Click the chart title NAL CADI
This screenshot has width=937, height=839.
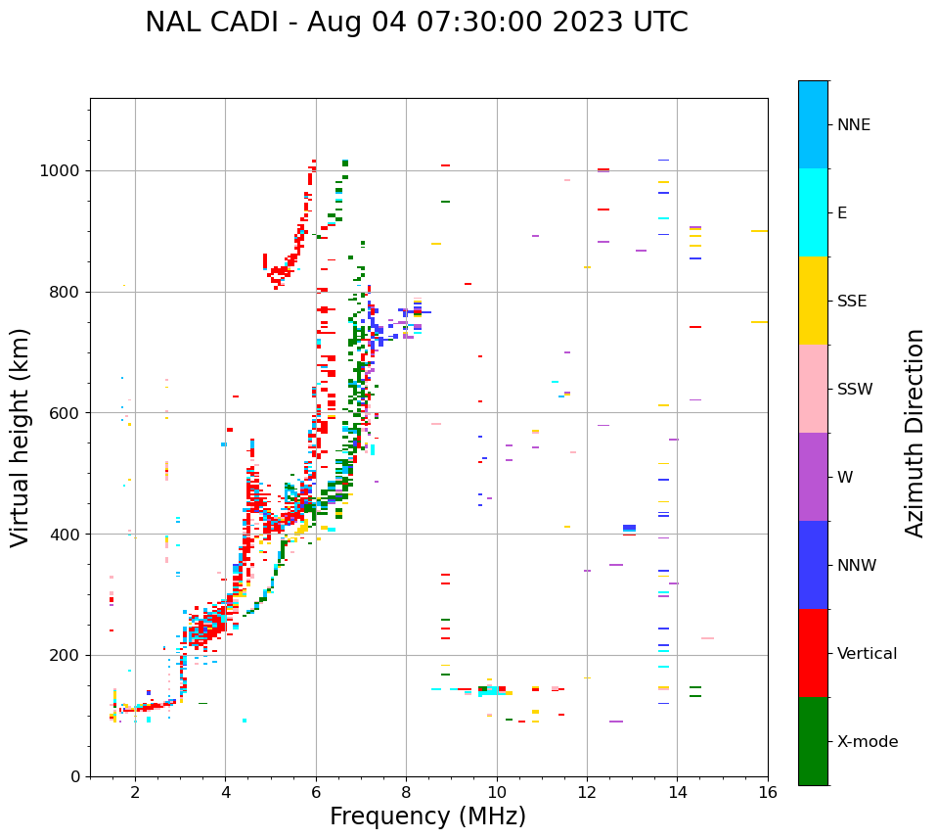pyautogui.click(x=416, y=23)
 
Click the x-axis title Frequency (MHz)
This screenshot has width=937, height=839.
pyautogui.click(x=427, y=816)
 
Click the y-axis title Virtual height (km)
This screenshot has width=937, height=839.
pyautogui.click(x=21, y=438)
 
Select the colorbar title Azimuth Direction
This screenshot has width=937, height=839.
pyautogui.click(x=915, y=433)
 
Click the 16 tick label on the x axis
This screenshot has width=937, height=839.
pyautogui.click(x=768, y=792)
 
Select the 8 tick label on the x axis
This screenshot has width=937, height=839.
pyautogui.click(x=406, y=792)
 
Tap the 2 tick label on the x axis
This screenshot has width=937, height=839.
pyautogui.click(x=135, y=792)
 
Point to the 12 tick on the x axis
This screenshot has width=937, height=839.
pyautogui.click(x=587, y=792)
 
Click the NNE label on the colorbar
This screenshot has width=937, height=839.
pyautogui.click(x=853, y=125)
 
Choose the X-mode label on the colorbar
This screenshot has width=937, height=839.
pyautogui.click(x=867, y=742)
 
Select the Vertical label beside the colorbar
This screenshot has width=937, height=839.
pyautogui.click(x=867, y=654)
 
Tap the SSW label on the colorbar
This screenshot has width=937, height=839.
pyautogui.click(x=855, y=390)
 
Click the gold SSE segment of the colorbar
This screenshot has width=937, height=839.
pyautogui.click(x=813, y=301)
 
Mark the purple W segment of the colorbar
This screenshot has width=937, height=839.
pyautogui.click(x=813, y=477)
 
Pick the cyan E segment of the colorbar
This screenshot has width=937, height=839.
pyautogui.click(x=813, y=212)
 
